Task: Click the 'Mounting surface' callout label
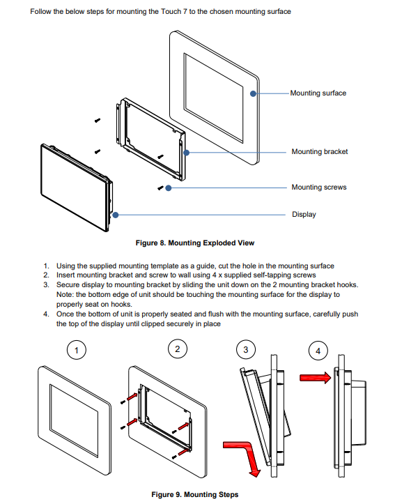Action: (318, 93)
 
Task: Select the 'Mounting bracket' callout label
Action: (320, 152)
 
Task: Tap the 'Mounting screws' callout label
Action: (319, 188)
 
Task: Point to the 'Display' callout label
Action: (304, 215)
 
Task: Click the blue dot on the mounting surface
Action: (253, 93)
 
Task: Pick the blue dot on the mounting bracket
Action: (186, 153)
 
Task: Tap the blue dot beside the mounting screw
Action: (169, 188)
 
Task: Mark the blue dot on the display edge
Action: (116, 215)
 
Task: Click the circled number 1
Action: (77, 350)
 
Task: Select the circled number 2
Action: (178, 349)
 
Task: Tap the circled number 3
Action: (246, 350)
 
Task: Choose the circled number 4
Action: (318, 351)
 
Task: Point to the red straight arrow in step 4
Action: (316, 378)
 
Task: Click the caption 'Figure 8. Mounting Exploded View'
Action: (195, 243)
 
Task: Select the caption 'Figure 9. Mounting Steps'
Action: (195, 494)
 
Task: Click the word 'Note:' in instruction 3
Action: (65, 294)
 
